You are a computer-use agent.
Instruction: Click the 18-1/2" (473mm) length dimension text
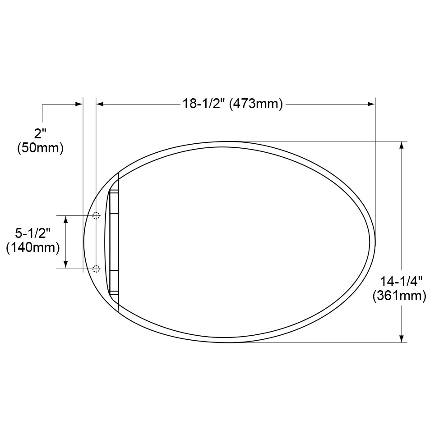click(x=232, y=104)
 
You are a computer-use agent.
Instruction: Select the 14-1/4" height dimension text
click(x=401, y=282)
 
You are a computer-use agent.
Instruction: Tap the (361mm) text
click(x=399, y=296)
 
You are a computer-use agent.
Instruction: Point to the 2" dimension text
click(x=41, y=133)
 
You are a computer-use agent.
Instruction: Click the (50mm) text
click(x=40, y=148)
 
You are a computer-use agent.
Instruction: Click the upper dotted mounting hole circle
click(x=96, y=215)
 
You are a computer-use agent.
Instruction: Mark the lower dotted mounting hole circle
click(x=96, y=269)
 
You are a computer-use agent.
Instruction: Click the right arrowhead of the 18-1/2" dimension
click(x=372, y=104)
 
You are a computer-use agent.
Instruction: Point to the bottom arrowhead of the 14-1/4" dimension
click(x=402, y=339)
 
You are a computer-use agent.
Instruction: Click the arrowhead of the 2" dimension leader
click(x=79, y=104)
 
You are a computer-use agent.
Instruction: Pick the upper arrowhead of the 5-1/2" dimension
click(x=66, y=219)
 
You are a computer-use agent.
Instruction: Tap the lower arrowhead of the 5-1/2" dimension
click(x=66, y=265)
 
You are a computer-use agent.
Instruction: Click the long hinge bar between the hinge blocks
click(x=114, y=242)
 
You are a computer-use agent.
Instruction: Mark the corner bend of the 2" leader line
click(x=42, y=104)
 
